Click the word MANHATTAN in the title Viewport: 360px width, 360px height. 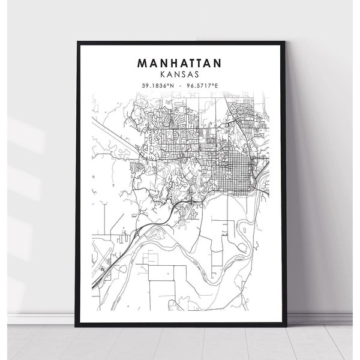pyautogui.click(x=179, y=62)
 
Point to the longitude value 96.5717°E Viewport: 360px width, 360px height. pyautogui.click(x=202, y=86)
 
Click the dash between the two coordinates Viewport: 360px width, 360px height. pyautogui.click(x=179, y=86)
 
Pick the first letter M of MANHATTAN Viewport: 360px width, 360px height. pyautogui.click(x=142, y=62)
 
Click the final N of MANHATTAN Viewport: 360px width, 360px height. pyautogui.click(x=217, y=62)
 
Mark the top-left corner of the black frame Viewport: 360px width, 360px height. pyautogui.click(x=78, y=41)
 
